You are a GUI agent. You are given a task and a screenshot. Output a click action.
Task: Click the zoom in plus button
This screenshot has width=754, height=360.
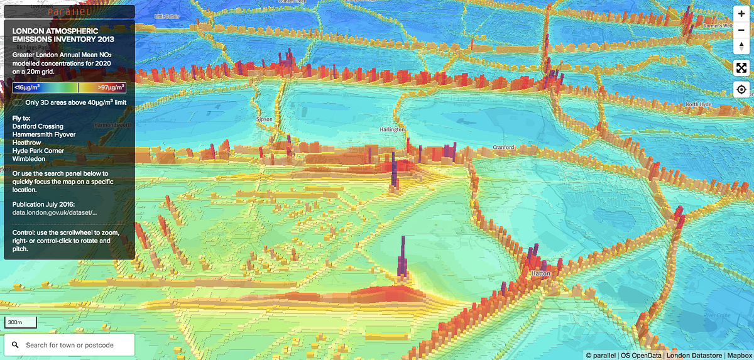click(741, 14)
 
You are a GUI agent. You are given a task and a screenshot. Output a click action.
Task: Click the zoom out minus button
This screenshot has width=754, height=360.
click(741, 30)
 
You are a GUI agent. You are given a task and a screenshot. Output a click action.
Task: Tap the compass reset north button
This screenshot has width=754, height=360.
click(741, 45)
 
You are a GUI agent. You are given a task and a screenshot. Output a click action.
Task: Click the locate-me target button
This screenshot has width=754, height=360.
click(741, 89)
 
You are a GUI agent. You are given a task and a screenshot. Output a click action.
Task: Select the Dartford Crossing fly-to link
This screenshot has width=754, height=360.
click(38, 126)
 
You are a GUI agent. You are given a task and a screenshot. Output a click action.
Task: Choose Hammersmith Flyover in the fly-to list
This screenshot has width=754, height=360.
click(44, 134)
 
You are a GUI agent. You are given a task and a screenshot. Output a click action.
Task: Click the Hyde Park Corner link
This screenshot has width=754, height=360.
click(38, 151)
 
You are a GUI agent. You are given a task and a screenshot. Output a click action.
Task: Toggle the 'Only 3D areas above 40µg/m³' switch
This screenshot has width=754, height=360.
click(18, 102)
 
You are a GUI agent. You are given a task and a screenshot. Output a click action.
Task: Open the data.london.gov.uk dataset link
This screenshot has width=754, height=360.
click(55, 213)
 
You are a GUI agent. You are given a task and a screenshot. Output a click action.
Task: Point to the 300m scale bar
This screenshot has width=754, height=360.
click(20, 323)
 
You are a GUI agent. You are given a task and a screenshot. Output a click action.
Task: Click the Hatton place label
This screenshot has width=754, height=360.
click(540, 274)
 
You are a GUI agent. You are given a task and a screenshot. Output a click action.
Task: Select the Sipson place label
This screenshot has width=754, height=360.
click(265, 118)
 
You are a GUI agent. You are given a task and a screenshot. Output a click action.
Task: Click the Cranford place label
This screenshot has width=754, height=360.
click(503, 148)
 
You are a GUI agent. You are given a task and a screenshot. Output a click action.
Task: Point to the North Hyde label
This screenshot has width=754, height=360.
click(700, 104)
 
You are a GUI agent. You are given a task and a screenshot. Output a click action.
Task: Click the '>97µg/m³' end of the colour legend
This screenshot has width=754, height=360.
click(112, 88)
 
